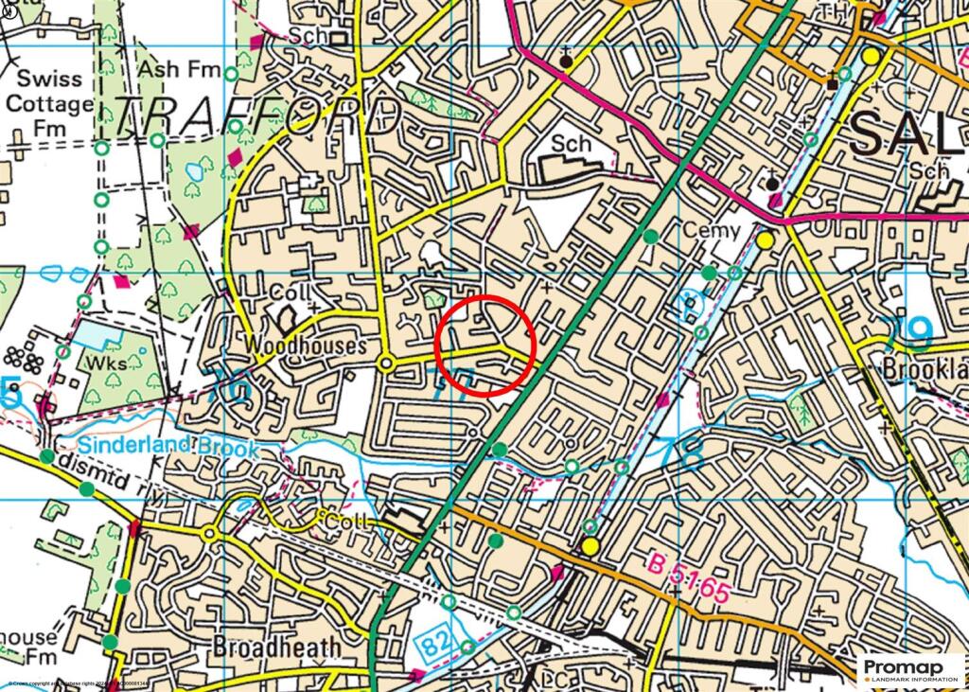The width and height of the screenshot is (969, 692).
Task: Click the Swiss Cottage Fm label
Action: click(50, 102)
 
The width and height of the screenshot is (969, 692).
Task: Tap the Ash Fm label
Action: click(179, 70)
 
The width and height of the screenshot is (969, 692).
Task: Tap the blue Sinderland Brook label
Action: click(168, 446)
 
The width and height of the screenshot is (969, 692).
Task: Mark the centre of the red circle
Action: click(486, 346)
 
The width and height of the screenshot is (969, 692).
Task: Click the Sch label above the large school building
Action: click(572, 145)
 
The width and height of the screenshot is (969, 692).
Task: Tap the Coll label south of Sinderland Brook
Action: click(343, 523)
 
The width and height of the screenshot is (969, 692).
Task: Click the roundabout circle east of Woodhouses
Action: click(386, 364)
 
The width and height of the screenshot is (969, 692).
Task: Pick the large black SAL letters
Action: click(908, 133)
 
